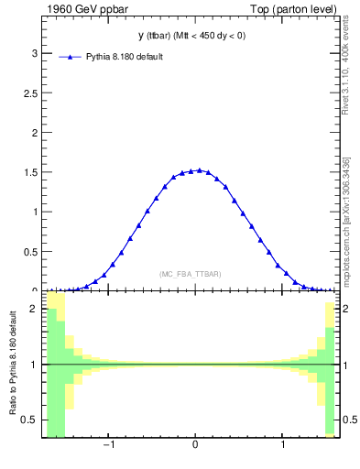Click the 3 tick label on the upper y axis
(33, 53)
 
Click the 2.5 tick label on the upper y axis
(28, 93)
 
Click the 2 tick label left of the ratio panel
(33, 309)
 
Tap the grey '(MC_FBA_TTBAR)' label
(190, 274)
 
